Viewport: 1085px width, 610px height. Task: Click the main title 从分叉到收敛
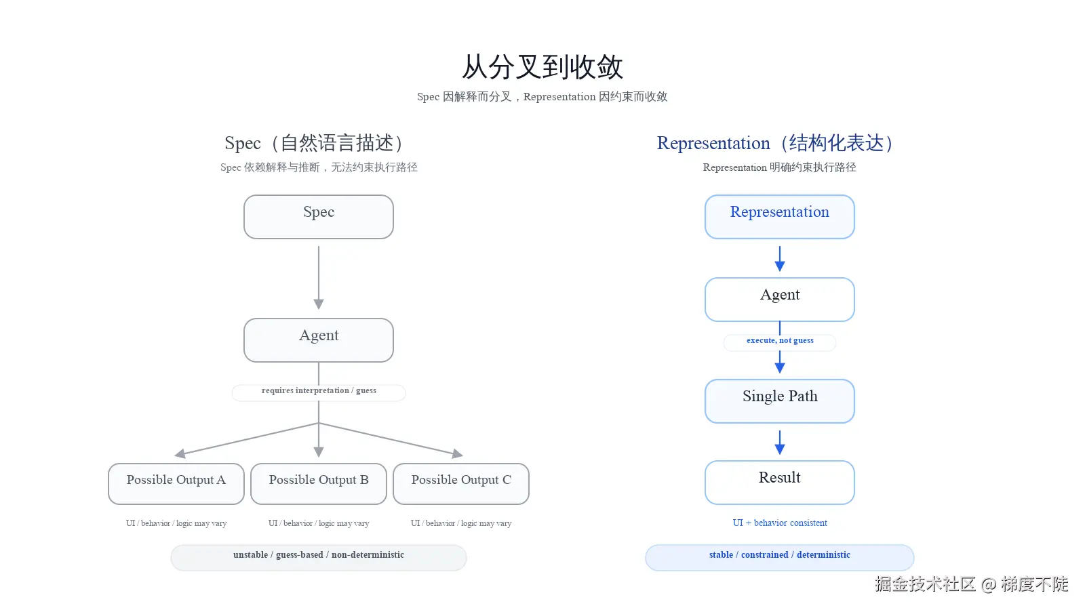542,67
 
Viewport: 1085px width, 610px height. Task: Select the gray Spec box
319,217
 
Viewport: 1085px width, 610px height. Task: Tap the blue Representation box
780,217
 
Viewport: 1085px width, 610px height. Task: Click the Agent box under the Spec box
319,340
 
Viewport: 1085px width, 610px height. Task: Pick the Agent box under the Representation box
780,299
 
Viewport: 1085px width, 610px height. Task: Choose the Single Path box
780,401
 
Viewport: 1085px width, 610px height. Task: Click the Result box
780,482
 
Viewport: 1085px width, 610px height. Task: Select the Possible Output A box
176,483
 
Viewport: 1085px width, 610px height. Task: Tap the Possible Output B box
319,483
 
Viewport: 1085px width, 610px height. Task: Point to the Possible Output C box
461,483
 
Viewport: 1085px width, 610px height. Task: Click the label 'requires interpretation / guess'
319,392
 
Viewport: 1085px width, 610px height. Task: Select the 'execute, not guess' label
780,342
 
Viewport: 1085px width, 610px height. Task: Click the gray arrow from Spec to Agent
319,278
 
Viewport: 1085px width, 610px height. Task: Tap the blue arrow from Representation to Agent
780,259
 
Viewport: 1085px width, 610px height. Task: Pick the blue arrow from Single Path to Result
780,443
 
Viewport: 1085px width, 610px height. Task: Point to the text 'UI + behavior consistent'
780,523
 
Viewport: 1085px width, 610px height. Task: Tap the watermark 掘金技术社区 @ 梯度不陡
971,584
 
